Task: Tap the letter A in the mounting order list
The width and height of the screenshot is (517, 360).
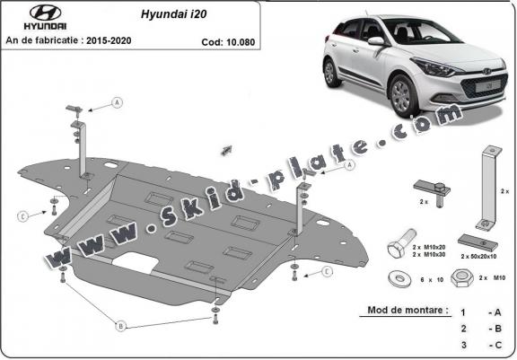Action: pyautogui.click(x=496, y=312)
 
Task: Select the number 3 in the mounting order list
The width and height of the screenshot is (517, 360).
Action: pyautogui.click(x=462, y=344)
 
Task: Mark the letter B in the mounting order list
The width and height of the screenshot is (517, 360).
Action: pyautogui.click(x=496, y=328)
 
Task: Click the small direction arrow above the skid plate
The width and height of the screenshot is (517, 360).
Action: pyautogui.click(x=226, y=147)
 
